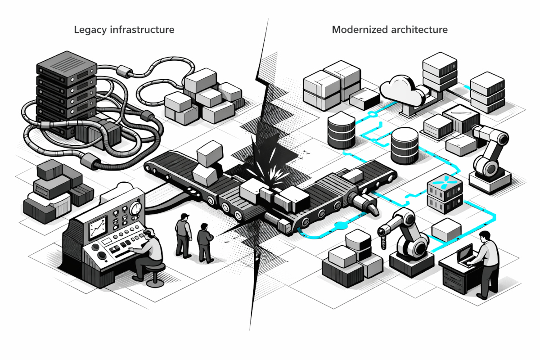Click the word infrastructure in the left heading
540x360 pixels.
pyautogui.click(x=143, y=30)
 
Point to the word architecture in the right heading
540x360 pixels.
pyautogui.click(x=419, y=30)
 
